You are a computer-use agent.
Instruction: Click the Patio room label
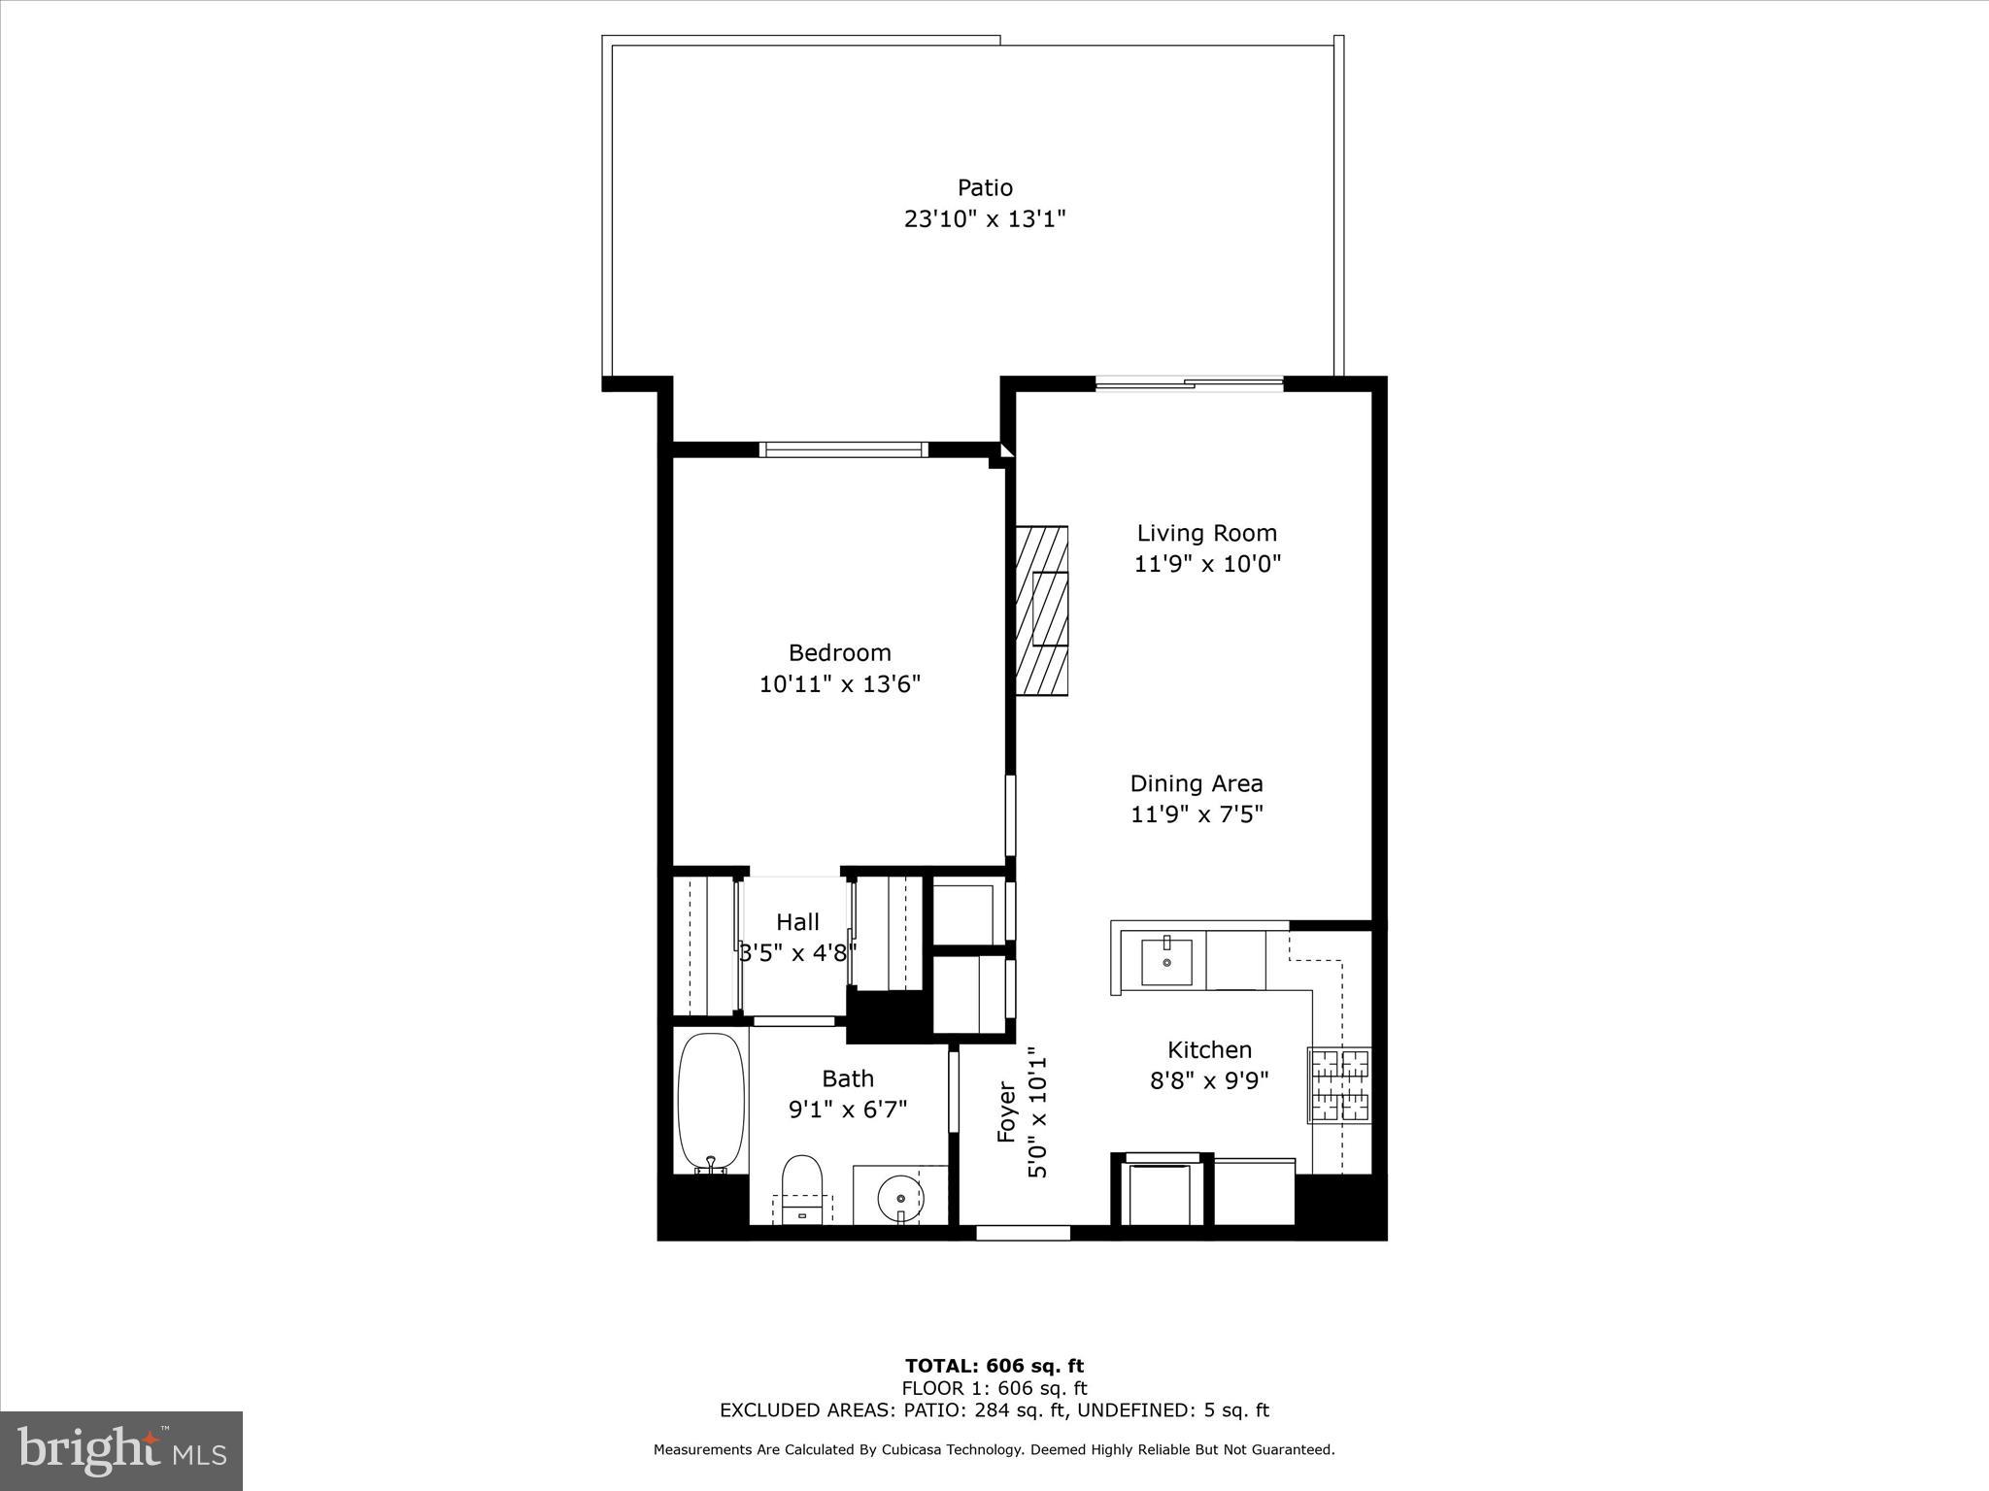[985, 187]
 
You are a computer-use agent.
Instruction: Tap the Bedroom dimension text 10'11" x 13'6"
[839, 684]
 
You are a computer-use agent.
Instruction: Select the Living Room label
[1207, 533]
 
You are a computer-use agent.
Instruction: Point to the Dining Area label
[1197, 783]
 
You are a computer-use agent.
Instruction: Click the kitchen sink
[1165, 961]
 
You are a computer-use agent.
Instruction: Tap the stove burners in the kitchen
[1340, 1085]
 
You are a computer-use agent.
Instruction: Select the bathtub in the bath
[711, 1102]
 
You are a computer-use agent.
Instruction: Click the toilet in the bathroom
[802, 1186]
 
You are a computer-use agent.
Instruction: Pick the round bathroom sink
[899, 1197]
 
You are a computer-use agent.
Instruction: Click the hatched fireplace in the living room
[1041, 611]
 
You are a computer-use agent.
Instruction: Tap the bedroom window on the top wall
[843, 449]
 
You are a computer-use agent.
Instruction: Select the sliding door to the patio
[1190, 384]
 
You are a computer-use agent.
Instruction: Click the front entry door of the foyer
[1023, 1233]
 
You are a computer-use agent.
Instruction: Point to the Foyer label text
[1006, 1112]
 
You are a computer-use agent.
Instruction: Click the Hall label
[797, 922]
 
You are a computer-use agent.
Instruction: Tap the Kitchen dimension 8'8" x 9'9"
[1209, 1080]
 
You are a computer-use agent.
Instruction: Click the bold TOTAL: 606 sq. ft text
[994, 1367]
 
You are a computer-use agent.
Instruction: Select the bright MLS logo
[121, 1451]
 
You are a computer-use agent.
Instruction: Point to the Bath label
[848, 1078]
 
